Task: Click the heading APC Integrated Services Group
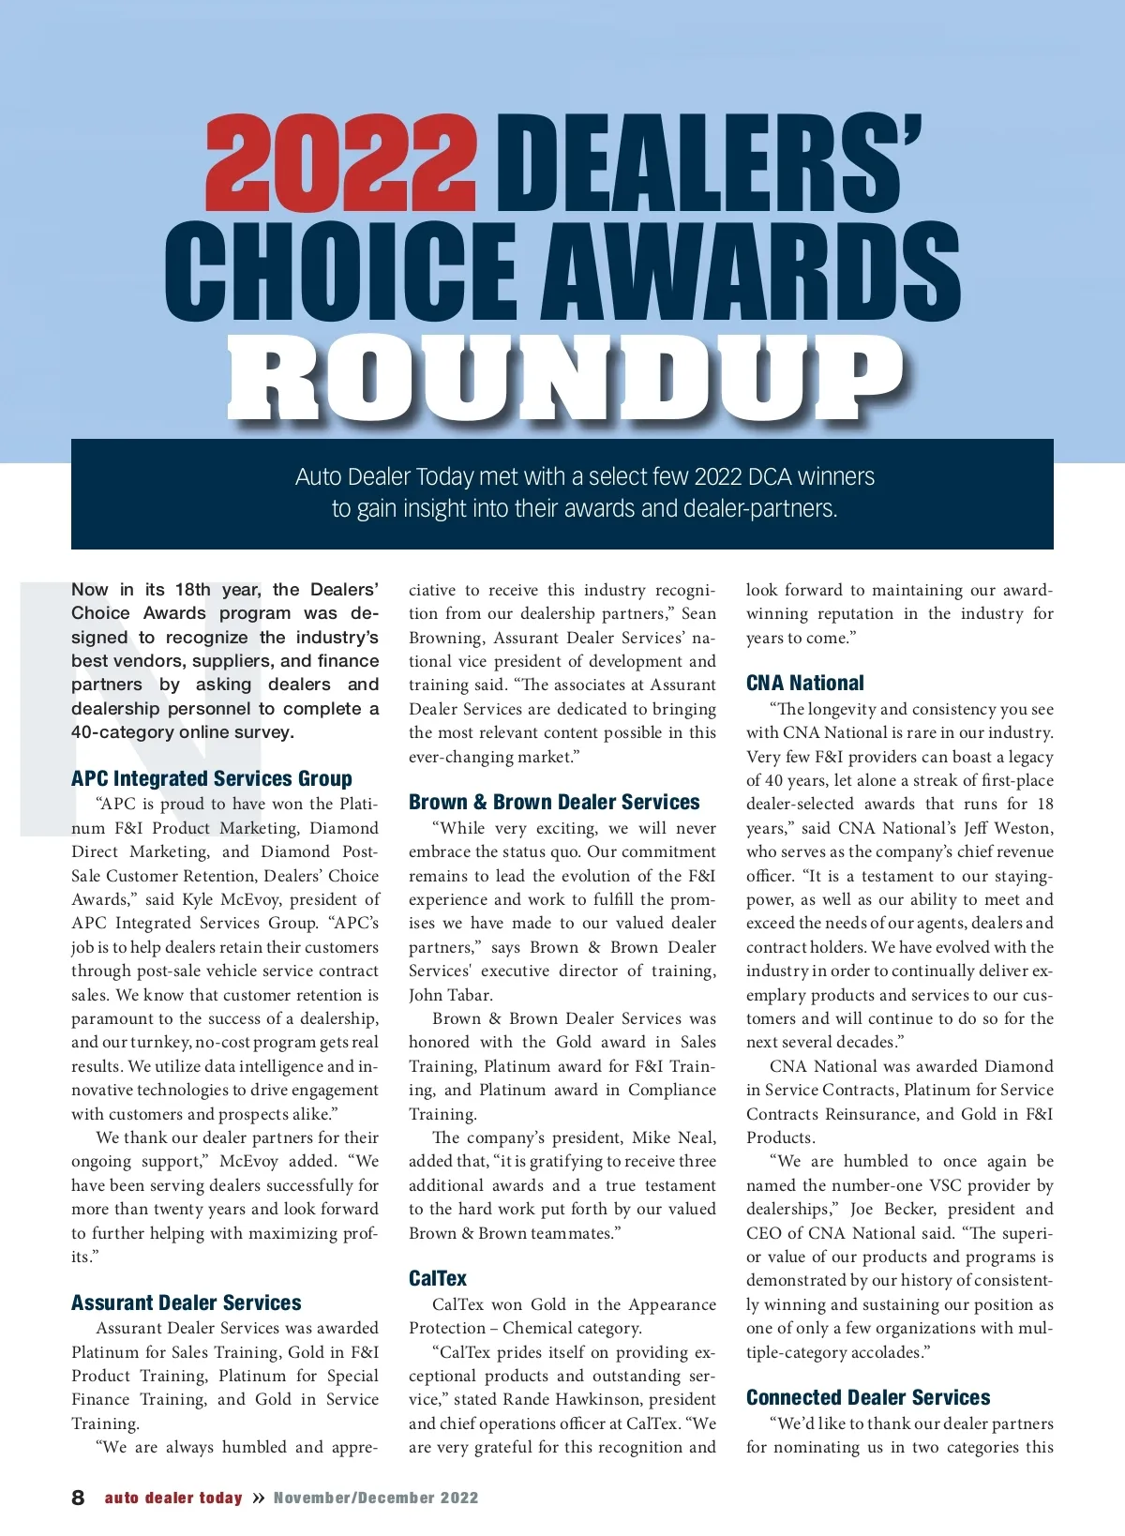pyautogui.click(x=212, y=778)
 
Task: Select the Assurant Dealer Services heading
pyautogui.click(x=187, y=1303)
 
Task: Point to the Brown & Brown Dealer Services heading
pyautogui.click(x=554, y=802)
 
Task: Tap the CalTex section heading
pyautogui.click(x=438, y=1278)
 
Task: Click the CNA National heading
pyautogui.click(x=805, y=683)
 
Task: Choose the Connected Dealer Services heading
pyautogui.click(x=868, y=1397)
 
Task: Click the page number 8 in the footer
pyautogui.click(x=78, y=1498)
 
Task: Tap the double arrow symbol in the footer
pyautogui.click(x=259, y=1498)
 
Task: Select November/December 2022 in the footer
pyautogui.click(x=376, y=1498)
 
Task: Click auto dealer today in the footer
pyautogui.click(x=173, y=1498)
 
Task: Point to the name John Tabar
pyautogui.click(x=450, y=995)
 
